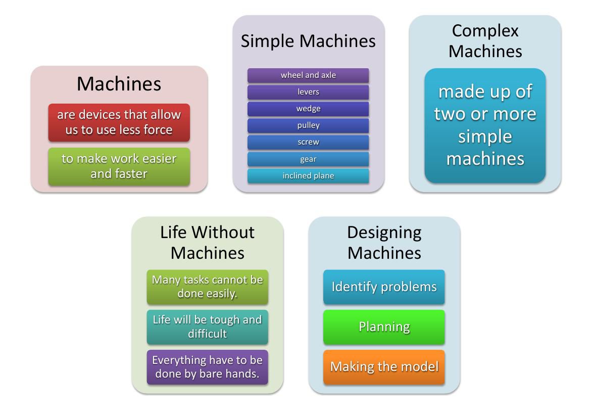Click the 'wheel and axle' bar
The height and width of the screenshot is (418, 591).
click(x=308, y=75)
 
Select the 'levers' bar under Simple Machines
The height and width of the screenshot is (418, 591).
click(x=308, y=92)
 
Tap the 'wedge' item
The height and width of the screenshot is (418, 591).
click(x=308, y=109)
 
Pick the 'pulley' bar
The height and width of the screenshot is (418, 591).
click(x=308, y=125)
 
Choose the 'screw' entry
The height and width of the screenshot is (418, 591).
click(x=308, y=142)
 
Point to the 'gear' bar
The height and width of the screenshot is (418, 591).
click(x=308, y=159)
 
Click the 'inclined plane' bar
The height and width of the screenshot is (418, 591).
click(x=308, y=176)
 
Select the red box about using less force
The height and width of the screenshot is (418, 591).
click(x=119, y=122)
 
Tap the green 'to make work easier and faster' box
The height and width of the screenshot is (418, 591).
click(x=119, y=166)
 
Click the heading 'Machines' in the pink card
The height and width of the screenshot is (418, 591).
click(x=119, y=84)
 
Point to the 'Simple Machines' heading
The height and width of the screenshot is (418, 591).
click(x=308, y=41)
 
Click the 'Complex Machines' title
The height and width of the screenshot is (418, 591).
click(x=485, y=41)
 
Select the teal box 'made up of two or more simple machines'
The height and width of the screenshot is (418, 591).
click(x=485, y=125)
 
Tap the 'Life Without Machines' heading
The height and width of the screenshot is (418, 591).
click(x=207, y=242)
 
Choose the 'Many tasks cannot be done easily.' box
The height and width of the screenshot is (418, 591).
click(x=207, y=287)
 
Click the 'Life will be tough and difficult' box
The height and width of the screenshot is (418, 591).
click(x=207, y=327)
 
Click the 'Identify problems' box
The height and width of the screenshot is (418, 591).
click(x=384, y=287)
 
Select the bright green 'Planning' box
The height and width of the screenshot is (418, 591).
click(x=384, y=327)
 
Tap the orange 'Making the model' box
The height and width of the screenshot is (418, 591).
click(x=384, y=367)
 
